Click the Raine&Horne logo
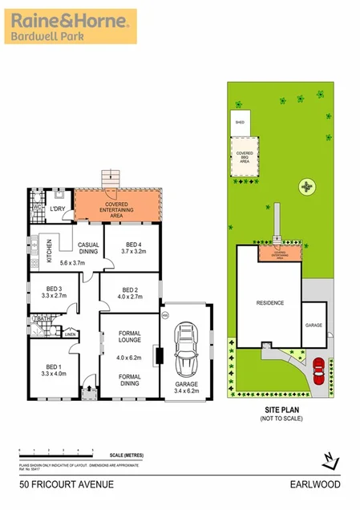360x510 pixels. pos(71,26)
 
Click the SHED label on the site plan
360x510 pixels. pos(239,123)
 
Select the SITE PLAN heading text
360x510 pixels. pos(279,409)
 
